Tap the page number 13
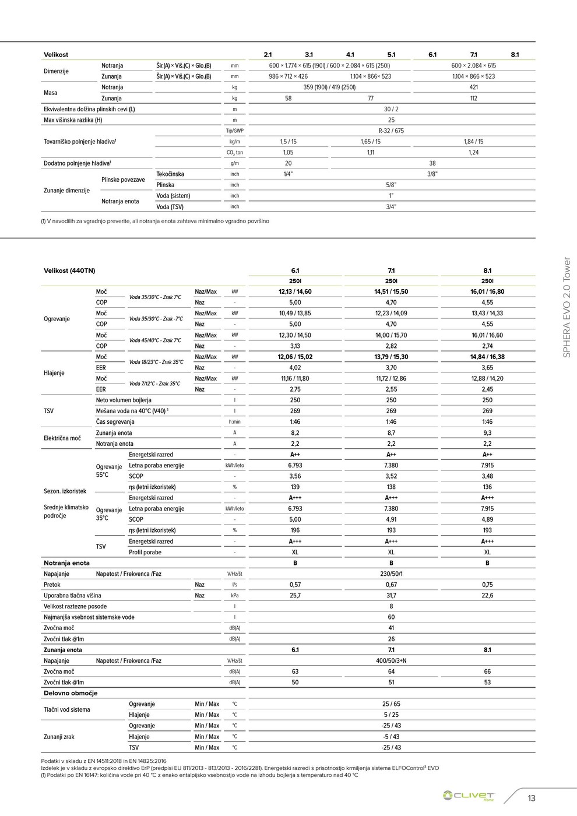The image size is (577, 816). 531,798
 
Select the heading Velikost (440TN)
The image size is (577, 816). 69,271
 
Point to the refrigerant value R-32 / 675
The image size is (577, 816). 391,131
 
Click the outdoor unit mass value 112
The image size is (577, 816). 473,99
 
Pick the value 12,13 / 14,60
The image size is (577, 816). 295,291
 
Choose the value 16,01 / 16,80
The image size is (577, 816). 487,291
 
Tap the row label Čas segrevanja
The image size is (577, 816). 115,422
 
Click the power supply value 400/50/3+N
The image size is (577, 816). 391,661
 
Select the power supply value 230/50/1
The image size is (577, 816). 391,574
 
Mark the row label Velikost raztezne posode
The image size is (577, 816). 75,607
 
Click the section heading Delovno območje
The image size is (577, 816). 71,694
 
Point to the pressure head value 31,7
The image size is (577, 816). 391,596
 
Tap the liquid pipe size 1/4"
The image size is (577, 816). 288,174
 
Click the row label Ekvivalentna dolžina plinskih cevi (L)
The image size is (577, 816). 89,110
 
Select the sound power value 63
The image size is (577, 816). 295,672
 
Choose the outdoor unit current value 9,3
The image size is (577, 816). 487,433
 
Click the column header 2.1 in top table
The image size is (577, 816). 268,55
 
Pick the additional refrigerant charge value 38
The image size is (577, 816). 432,164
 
